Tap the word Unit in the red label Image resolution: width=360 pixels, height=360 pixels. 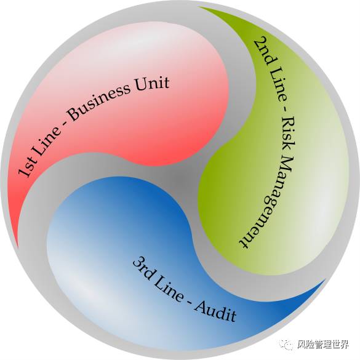pos(152,84)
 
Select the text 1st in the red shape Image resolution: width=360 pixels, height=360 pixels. pos(27,165)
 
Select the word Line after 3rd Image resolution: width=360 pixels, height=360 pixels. pos(169,290)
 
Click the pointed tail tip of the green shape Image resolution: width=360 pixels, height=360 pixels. pos(199,7)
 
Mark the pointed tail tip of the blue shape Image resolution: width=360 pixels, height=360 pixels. pos(326,279)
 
